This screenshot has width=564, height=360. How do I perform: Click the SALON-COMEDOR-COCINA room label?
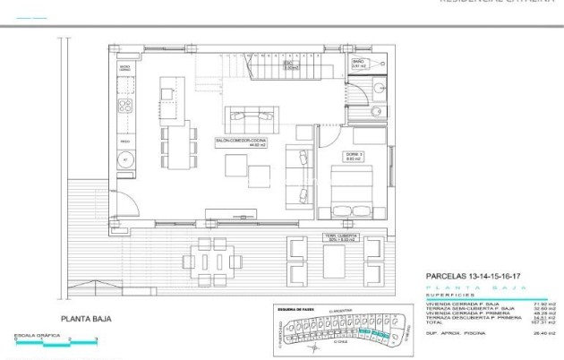pyautogui.click(x=240, y=141)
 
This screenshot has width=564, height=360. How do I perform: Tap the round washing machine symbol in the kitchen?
pyautogui.click(x=126, y=159)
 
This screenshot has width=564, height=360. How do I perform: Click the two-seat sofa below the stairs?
pyautogui.click(x=253, y=115)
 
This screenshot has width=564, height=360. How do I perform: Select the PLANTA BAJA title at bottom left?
pyautogui.click(x=85, y=318)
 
